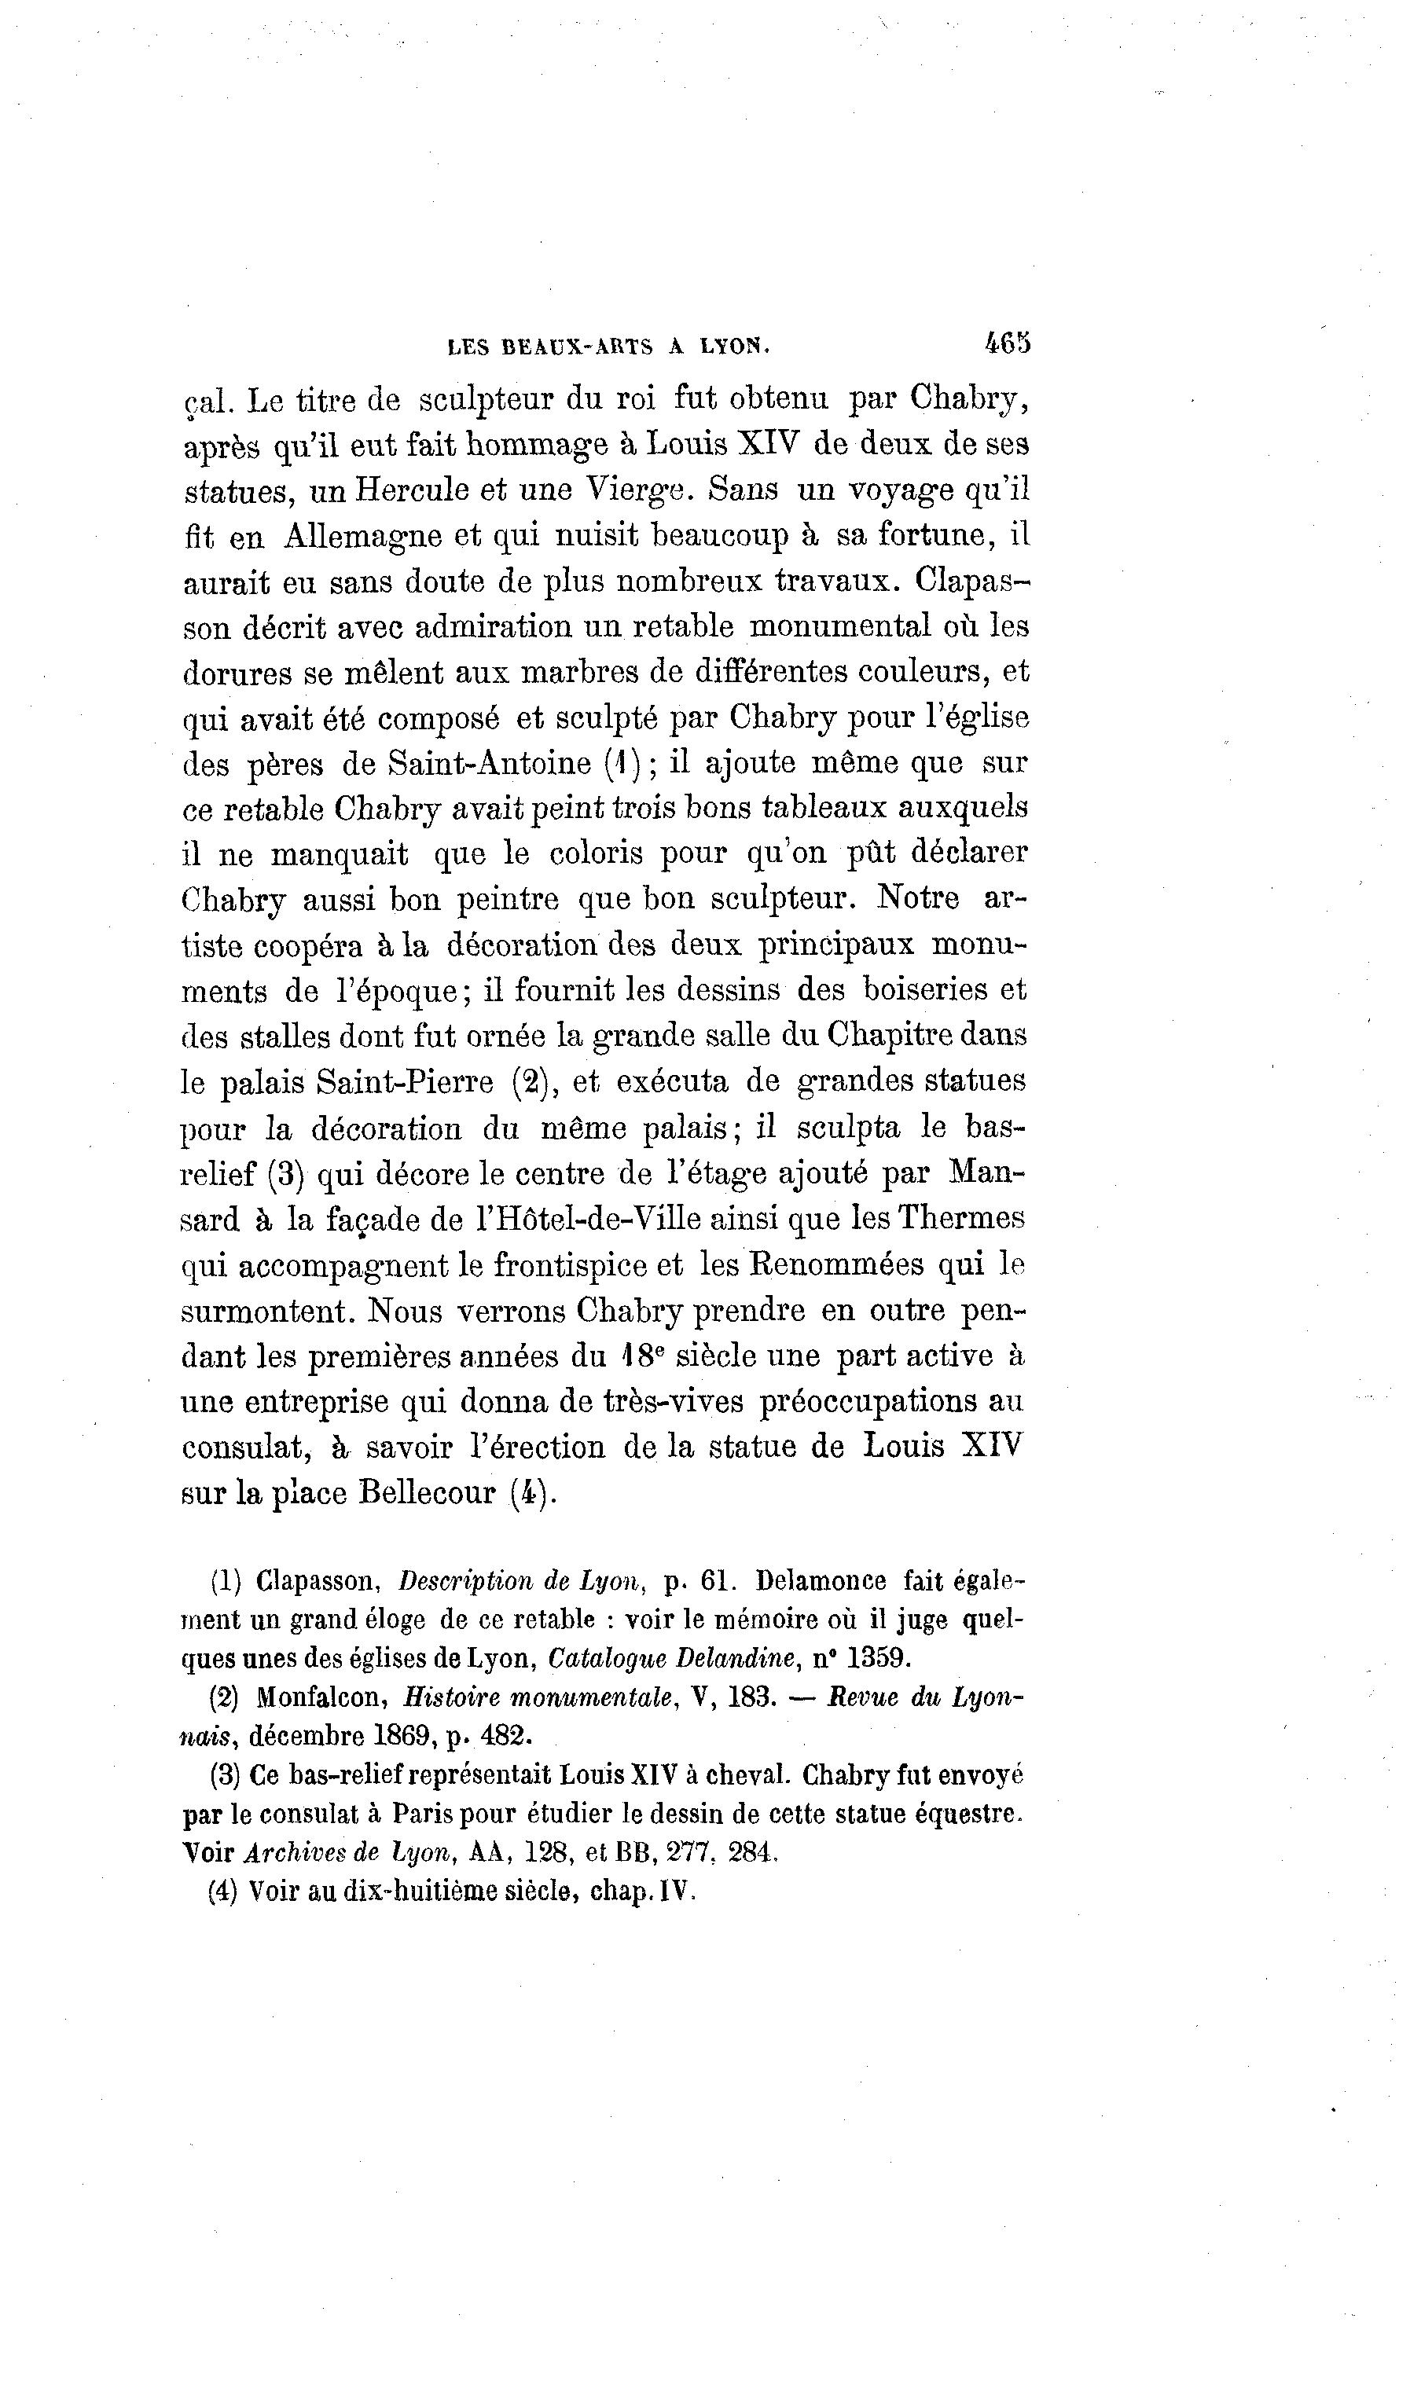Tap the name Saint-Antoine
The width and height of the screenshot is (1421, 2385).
[490, 763]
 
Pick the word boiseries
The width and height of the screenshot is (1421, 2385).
[924, 989]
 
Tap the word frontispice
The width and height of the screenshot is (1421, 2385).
[588, 1266]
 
